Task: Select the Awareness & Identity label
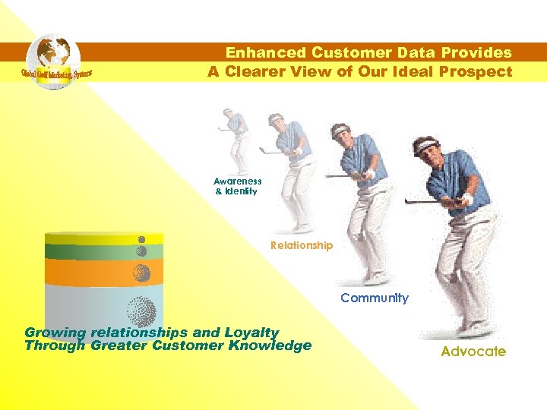(x=237, y=186)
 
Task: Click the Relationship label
(x=302, y=245)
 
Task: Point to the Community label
(x=374, y=298)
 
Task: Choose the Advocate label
(x=473, y=352)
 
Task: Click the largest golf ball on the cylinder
(x=141, y=311)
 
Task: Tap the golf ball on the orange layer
(x=141, y=273)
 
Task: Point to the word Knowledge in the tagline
(x=271, y=345)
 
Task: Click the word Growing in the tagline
(x=55, y=333)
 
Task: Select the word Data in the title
(x=423, y=53)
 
